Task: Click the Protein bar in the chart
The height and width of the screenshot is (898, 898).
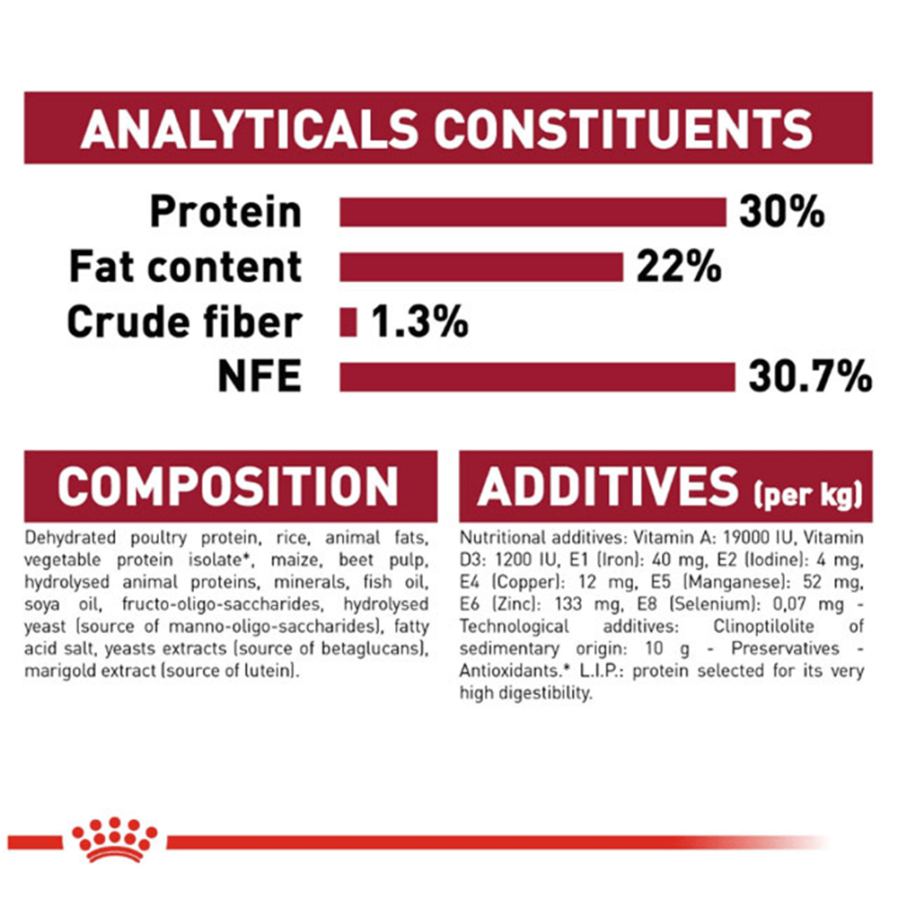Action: pos(533,213)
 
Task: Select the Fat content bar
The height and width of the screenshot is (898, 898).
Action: pos(481,268)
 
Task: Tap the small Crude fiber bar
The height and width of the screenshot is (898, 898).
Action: pos(348,322)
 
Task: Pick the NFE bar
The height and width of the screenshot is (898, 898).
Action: pos(537,377)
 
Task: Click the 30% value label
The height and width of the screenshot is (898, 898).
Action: pos(782,212)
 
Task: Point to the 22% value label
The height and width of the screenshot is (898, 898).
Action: pos(679,267)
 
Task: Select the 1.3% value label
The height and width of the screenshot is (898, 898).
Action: pos(419,321)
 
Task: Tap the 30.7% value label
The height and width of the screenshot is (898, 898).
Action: pos(810,377)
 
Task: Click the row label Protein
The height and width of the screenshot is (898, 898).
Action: pos(225,212)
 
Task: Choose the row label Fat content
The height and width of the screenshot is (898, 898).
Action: pos(186,267)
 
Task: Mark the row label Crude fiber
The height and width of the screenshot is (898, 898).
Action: pos(184,321)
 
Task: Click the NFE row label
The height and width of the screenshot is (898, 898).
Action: pos(260,377)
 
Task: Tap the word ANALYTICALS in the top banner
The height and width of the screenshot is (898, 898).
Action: pos(250,128)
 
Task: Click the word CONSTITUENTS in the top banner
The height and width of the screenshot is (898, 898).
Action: pos(623,128)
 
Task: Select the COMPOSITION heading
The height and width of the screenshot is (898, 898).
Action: pos(228,486)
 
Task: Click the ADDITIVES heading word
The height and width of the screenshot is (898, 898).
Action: pos(608,486)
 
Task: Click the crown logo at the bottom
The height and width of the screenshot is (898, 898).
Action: pos(115,839)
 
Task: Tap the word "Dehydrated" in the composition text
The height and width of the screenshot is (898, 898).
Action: pos(70,538)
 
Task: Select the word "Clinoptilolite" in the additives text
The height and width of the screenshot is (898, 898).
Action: pos(763,627)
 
